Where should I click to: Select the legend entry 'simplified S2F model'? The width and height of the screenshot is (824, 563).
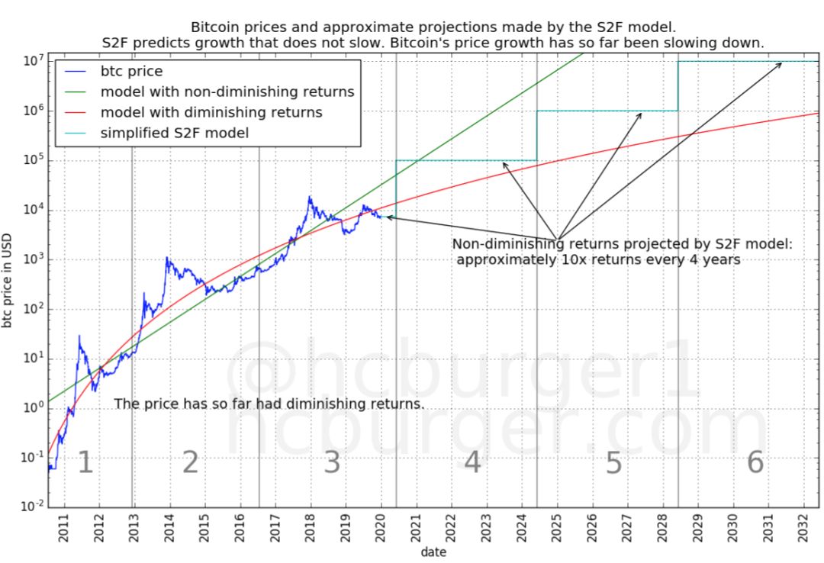[x=174, y=133]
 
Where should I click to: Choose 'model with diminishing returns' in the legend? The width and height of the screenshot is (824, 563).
[x=211, y=113]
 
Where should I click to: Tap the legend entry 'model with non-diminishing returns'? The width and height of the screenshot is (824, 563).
[x=227, y=92]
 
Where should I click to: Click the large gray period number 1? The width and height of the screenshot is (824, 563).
[x=85, y=463]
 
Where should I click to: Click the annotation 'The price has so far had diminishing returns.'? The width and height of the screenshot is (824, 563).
[x=269, y=404]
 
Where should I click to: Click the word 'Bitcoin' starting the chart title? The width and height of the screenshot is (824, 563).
[x=222, y=27]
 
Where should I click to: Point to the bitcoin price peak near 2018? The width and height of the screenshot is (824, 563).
[x=310, y=198]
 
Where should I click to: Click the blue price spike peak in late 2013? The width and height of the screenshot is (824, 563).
[x=167, y=259]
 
